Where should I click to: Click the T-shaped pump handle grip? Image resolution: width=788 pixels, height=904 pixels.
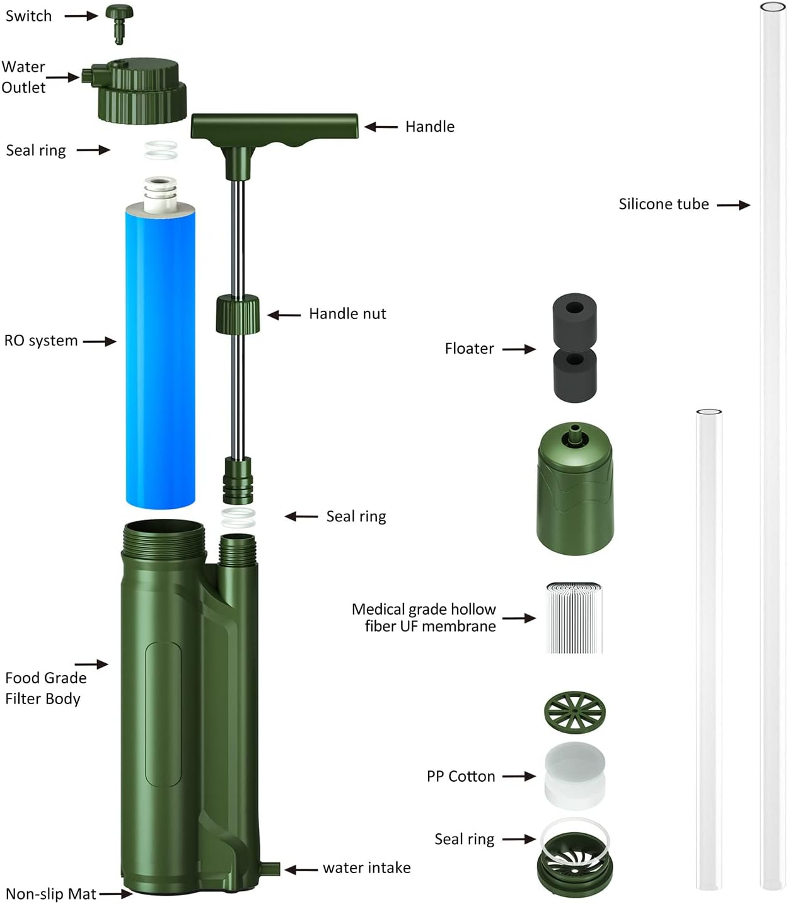274,126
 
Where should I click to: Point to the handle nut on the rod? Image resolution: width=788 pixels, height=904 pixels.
238,314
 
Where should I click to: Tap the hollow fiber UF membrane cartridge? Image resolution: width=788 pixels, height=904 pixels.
574,618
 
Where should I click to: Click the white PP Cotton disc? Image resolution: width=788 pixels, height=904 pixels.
574,775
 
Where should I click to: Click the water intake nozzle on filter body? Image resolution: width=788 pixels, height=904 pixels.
270,869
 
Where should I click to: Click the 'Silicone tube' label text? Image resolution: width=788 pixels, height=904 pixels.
663,204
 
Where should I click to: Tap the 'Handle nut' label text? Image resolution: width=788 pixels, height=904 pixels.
347,314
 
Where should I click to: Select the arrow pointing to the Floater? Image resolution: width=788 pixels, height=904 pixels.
519,349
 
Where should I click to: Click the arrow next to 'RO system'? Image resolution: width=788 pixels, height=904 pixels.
100,342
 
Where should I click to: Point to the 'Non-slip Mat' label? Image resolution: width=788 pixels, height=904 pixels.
50,894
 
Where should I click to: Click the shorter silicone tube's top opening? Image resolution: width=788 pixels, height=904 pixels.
709,412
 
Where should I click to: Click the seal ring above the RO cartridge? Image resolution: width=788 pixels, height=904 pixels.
161,151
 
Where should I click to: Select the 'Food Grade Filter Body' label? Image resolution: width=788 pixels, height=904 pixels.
45,688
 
